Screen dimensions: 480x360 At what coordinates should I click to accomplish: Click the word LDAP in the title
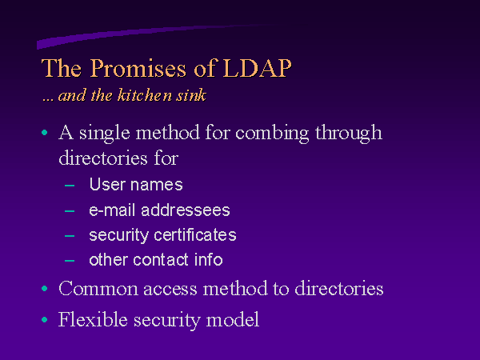pos(257,68)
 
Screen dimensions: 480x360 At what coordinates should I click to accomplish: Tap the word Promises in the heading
pos(138,68)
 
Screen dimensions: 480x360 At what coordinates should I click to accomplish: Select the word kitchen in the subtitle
pos(145,94)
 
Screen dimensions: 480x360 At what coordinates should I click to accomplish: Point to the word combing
pos(272,134)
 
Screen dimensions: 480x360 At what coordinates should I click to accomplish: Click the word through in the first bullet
pos(349,134)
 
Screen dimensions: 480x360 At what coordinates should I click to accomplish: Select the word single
pos(105,134)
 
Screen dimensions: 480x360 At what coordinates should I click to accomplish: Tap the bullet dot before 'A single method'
pos(44,133)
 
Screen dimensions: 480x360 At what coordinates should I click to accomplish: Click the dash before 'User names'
pos(70,186)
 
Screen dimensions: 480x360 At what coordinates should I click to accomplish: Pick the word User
pos(107,184)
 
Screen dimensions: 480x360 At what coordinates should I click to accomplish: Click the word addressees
pos(186,210)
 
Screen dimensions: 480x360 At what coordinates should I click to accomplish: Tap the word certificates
pos(195,234)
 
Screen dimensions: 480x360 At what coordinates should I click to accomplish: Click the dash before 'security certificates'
pos(70,236)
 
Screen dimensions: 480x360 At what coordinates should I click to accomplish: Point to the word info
pos(209,259)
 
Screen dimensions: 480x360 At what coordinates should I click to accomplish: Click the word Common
pos(98,288)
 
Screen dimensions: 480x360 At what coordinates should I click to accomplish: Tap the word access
pos(170,290)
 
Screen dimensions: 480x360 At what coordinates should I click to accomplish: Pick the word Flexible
pos(93,319)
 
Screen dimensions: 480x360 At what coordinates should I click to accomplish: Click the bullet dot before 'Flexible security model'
pos(44,319)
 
